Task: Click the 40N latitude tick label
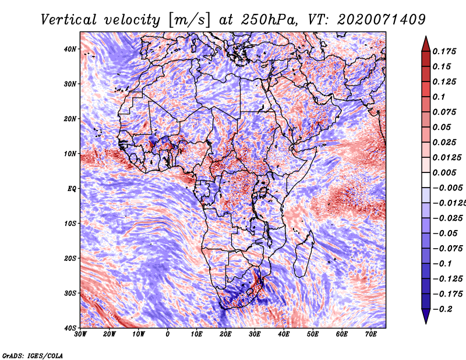[70, 49]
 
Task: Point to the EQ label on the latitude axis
[72, 189]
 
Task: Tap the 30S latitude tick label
[70, 294]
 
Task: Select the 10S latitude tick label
[70, 224]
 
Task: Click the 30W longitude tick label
[80, 334]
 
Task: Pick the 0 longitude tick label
[168, 334]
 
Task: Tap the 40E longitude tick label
[284, 334]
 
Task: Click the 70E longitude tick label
[371, 334]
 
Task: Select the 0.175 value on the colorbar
[444, 52]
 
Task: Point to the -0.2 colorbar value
[443, 309]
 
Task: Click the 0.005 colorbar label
[444, 173]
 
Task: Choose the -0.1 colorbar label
[443, 264]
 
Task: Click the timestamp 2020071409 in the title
[382, 20]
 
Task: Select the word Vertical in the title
[68, 20]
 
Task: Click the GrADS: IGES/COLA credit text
[33, 356]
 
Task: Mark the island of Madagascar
[303, 253]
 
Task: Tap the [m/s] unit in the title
[189, 20]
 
